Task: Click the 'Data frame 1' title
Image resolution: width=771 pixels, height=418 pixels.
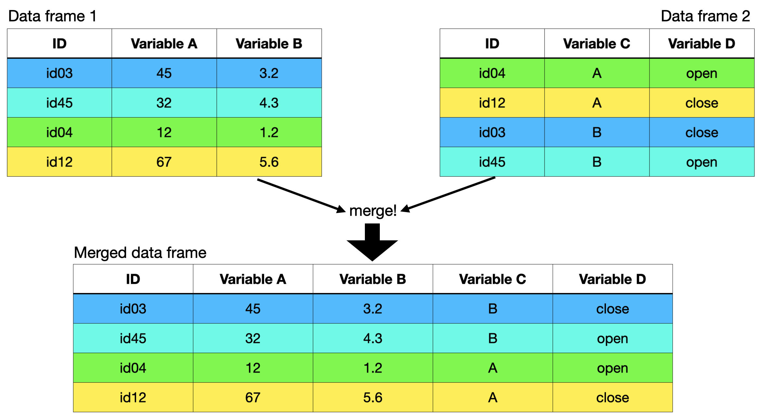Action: [52, 16]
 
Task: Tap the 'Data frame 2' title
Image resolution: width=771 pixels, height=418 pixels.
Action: [705, 16]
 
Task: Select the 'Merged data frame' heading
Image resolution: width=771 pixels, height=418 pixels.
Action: [140, 253]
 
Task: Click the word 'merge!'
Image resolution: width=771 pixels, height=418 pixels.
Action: [373, 211]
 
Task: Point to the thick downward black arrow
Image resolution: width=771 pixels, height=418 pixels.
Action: [372, 244]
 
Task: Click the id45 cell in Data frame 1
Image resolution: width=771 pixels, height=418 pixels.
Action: [59, 103]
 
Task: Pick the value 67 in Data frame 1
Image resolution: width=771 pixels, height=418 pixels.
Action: [164, 162]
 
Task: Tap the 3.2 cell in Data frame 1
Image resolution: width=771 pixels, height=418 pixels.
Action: [269, 73]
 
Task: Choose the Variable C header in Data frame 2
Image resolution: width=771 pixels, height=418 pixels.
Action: [597, 44]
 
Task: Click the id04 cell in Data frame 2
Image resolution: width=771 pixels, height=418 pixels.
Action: [492, 73]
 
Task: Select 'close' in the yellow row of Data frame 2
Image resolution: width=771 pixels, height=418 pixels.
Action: [701, 103]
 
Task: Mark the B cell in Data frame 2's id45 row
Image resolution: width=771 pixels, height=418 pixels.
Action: [597, 162]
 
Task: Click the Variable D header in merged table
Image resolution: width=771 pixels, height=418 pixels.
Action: [612, 279]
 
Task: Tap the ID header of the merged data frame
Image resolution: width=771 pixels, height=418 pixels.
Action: [133, 279]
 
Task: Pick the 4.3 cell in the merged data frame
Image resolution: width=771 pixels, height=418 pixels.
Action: [373, 338]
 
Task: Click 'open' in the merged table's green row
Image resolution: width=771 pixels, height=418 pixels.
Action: [612, 368]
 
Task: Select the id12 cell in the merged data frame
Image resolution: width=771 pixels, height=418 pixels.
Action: [133, 398]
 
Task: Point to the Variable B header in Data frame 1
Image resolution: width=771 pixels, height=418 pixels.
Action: [269, 44]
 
